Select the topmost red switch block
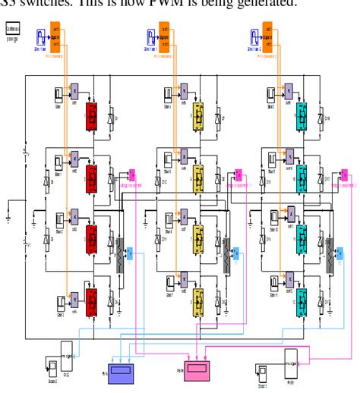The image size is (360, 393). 92,116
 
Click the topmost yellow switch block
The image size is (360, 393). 199,116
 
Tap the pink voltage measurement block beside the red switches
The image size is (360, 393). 131,176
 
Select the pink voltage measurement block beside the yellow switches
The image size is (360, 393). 238,176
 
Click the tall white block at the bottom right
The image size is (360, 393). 292,364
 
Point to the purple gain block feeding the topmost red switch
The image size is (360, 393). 74,90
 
